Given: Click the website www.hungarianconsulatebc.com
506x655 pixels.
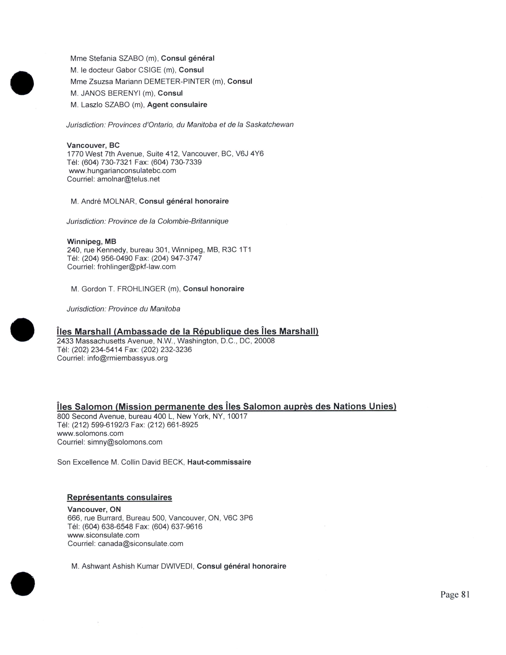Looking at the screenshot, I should [x=122, y=171].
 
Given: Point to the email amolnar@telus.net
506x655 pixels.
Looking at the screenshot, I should [x=128, y=179].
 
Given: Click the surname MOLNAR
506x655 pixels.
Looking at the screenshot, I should [x=119, y=201].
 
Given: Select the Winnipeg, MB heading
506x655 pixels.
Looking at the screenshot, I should [x=91, y=241].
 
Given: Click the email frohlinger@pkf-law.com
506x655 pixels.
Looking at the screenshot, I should [x=136, y=267].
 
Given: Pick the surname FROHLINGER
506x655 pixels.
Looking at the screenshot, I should [x=141, y=289].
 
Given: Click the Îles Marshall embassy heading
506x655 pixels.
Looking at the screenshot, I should [x=187, y=331].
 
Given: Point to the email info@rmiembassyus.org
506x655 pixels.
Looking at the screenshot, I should [x=127, y=358].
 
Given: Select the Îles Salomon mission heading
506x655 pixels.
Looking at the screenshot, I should [x=226, y=407].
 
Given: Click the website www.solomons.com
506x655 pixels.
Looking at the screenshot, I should [x=90, y=433].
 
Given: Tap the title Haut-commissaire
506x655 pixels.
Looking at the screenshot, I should [x=219, y=462].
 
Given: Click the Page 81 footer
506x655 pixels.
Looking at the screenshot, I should [x=455, y=594].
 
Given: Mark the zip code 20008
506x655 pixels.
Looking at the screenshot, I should [x=264, y=341].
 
